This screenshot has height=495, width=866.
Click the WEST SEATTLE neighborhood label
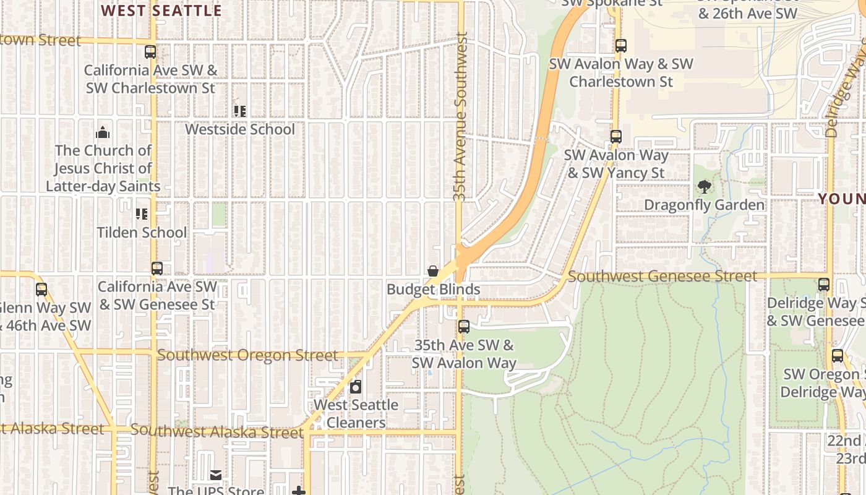pos(161,11)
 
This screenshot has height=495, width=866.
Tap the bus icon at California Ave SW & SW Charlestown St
pos(150,52)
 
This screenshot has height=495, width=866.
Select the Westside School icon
pos(240,111)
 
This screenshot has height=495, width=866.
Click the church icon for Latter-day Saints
pos(103,132)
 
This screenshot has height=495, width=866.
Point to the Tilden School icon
pos(142,214)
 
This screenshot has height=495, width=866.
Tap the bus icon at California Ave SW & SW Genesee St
pos(157,269)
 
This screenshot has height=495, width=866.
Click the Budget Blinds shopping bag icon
pos(433,271)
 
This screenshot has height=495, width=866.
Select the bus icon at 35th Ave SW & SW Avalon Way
pos(464,327)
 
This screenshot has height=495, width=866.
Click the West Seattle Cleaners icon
pos(356,387)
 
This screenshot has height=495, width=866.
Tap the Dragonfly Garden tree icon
pos(704,186)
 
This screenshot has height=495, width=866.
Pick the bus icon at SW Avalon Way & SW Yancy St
pos(616,137)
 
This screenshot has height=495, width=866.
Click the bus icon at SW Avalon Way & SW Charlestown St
pos(621,46)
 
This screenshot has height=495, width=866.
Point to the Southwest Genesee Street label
pos(662,277)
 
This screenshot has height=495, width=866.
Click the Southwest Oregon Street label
pos(247,356)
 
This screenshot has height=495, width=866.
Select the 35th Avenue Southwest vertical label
pos(460,116)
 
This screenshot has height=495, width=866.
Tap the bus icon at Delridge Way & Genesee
pos(824,285)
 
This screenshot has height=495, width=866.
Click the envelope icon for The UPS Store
pos(216,475)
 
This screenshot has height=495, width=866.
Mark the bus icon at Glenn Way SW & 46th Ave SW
pos(41,290)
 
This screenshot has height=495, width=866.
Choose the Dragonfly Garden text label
pos(704,205)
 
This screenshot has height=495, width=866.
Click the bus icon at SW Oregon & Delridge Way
pos(838,356)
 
